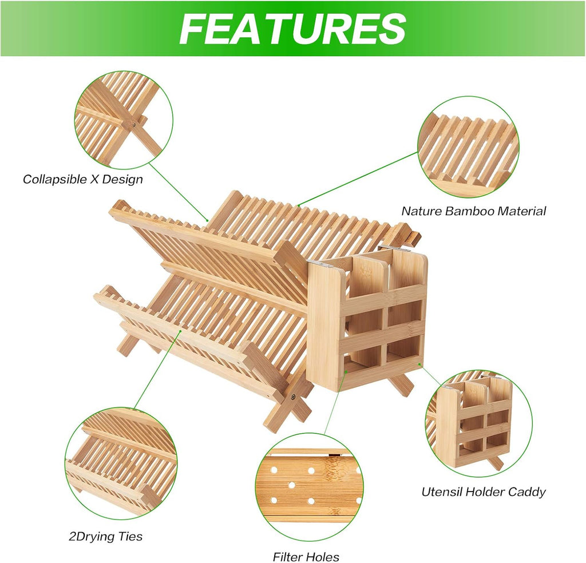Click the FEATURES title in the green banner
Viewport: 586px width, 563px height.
pos(292,29)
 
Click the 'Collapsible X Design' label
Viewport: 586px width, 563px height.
pos(83,179)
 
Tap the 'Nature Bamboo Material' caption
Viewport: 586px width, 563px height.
pos(473,211)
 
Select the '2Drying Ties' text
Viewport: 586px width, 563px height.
pos(106,537)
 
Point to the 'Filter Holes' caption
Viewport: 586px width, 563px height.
pos(306,557)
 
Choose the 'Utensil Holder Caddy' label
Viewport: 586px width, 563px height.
pos(484,491)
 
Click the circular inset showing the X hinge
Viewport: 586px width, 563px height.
pos(124,120)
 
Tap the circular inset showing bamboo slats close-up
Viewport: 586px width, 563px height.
pos(468,146)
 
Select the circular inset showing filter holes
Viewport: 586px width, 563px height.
pos(310,489)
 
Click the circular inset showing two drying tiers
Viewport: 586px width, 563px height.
pos(121,463)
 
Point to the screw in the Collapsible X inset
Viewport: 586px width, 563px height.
pos(134,122)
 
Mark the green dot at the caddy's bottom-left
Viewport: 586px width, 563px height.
pos(346,372)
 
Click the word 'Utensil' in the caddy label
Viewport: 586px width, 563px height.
pos(439,491)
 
